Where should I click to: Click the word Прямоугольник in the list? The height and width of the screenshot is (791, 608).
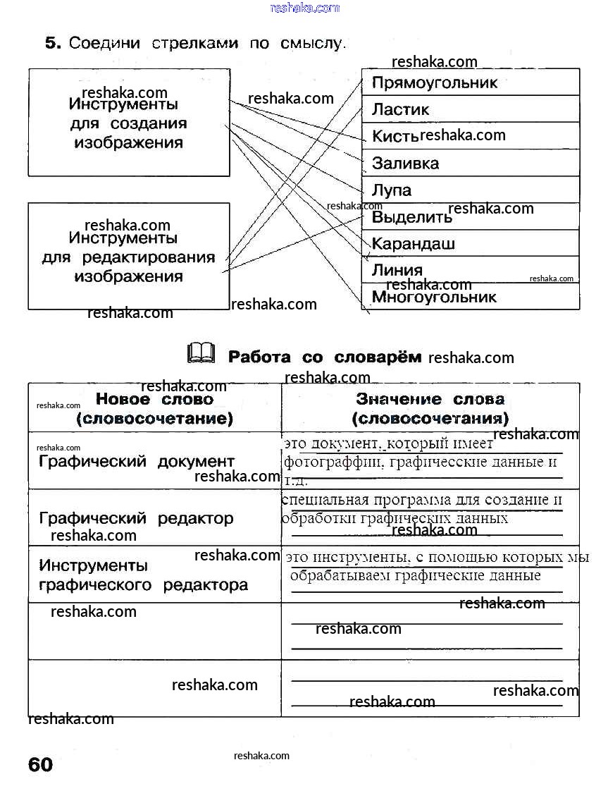tap(434, 82)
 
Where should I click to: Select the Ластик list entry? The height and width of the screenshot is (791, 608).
tap(400, 109)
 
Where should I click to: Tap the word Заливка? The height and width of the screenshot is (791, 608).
tap(405, 164)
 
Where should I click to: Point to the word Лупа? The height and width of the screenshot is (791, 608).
tap(392, 190)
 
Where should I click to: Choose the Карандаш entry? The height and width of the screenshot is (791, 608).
tap(414, 244)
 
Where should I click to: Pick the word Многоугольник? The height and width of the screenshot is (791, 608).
tap(434, 297)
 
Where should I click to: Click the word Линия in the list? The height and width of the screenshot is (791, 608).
tap(397, 270)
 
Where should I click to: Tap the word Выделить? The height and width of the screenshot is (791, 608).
tap(411, 217)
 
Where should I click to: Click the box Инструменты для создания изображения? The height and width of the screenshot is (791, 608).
tap(129, 123)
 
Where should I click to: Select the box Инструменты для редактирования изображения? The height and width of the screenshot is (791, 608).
tap(129, 257)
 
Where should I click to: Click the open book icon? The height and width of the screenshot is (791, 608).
tap(201, 353)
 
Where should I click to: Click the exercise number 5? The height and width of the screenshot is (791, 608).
tap(53, 43)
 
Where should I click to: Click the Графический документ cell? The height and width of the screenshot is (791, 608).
tap(137, 462)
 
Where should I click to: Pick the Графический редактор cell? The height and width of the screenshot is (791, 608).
tap(136, 518)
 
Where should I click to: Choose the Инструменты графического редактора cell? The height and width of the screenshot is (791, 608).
tap(143, 575)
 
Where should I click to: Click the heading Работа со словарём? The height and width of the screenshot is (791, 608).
tap(325, 357)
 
